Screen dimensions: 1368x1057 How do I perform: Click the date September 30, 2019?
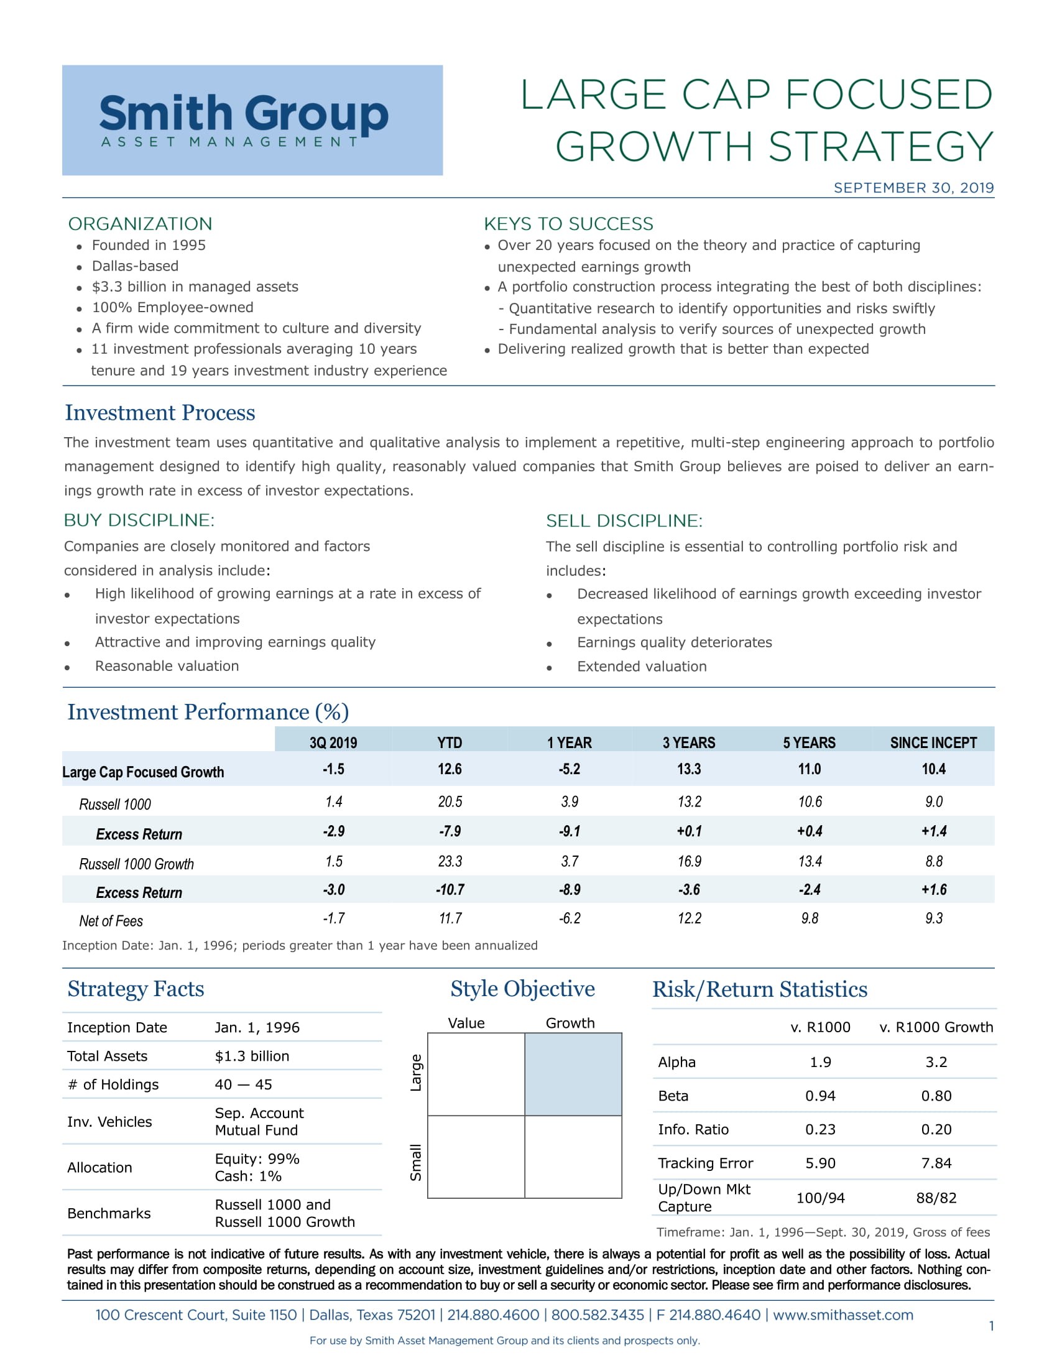tap(913, 188)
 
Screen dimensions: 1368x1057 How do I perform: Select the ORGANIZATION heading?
tap(141, 224)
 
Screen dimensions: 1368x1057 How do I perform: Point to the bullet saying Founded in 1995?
tap(149, 245)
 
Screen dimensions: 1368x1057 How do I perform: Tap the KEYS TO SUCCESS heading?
tap(568, 224)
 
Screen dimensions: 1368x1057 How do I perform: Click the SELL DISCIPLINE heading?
tap(624, 520)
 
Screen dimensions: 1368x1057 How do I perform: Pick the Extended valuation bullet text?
tap(641, 667)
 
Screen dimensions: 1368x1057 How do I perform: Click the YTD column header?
tap(449, 742)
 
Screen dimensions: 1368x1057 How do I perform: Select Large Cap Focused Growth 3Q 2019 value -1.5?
tap(333, 769)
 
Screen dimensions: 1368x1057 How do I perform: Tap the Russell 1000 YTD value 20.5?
tap(450, 802)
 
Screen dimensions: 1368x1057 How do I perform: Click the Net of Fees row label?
tap(111, 921)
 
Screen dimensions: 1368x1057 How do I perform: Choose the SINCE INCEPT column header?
tap(933, 742)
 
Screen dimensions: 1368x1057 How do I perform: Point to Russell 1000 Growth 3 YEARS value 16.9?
tap(689, 861)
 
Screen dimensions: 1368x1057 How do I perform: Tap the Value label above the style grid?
tap(466, 1023)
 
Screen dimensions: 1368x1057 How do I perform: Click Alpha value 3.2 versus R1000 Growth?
tap(936, 1061)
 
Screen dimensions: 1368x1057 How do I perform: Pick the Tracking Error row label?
tap(705, 1163)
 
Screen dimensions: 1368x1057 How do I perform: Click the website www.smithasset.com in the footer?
tap(843, 1315)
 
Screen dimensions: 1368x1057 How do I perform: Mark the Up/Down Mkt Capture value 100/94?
tap(819, 1198)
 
